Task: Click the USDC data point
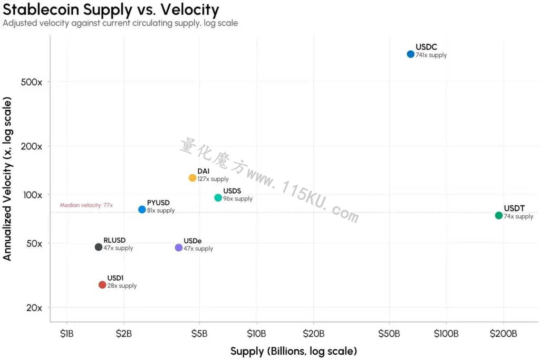click(410, 54)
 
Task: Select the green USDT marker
click(499, 215)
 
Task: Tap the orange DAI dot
click(192, 178)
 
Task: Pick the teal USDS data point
click(218, 197)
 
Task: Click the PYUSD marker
click(142, 210)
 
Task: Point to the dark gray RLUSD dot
click(99, 247)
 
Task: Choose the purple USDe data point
click(179, 248)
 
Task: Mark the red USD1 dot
click(102, 285)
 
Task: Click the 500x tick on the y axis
click(31, 82)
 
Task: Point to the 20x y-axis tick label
click(34, 308)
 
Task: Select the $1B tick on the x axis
click(67, 334)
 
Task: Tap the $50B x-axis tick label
click(389, 334)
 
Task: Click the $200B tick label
click(504, 334)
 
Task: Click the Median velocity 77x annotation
click(86, 205)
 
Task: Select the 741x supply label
click(431, 55)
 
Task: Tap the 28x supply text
click(122, 286)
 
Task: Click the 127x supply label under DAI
click(213, 179)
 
